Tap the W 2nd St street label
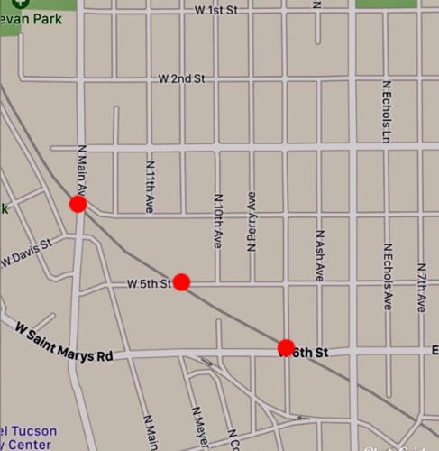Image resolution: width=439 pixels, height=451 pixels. [181, 79]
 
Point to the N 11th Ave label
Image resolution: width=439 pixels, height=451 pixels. [150, 187]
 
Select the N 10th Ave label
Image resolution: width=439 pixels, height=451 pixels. [218, 221]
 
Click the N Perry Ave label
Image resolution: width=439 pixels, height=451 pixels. [252, 220]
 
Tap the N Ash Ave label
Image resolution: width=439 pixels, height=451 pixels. [319, 255]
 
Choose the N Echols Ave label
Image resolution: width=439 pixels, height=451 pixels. [387, 275]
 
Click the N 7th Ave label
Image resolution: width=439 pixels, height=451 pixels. [422, 287]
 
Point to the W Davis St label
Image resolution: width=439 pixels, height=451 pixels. [24, 253]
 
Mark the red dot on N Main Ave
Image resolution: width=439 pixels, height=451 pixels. [78, 204]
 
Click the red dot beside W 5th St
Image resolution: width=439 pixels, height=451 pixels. [181, 281]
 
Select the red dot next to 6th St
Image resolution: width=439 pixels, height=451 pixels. [286, 347]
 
